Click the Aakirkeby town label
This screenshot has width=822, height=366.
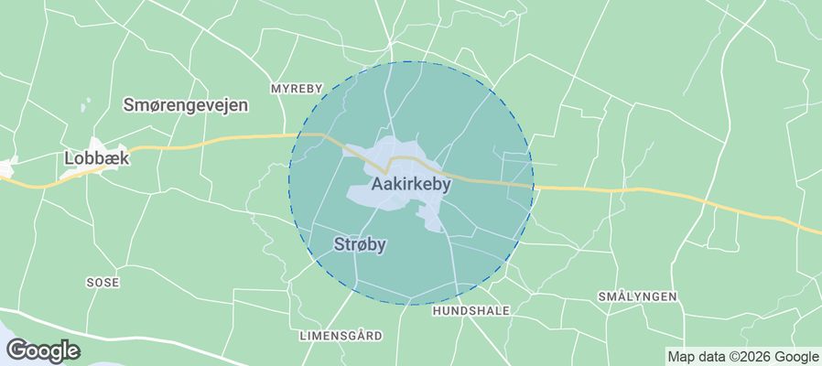click(412, 184)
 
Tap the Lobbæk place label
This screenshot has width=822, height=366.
click(97, 158)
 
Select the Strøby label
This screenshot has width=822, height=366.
click(360, 244)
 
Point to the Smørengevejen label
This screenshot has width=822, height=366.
click(186, 105)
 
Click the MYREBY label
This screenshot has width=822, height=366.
click(297, 89)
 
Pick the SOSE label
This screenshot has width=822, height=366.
click(103, 283)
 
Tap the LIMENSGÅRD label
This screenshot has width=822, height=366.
click(341, 336)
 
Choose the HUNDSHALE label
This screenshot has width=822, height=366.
click(470, 311)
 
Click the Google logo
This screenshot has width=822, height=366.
click(43, 350)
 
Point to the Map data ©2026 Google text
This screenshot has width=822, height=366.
click(743, 357)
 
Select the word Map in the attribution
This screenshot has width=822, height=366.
click(680, 357)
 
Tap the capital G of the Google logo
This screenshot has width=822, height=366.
click(16, 350)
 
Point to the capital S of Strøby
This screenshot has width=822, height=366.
click(338, 244)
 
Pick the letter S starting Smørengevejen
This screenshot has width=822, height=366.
click(129, 105)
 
